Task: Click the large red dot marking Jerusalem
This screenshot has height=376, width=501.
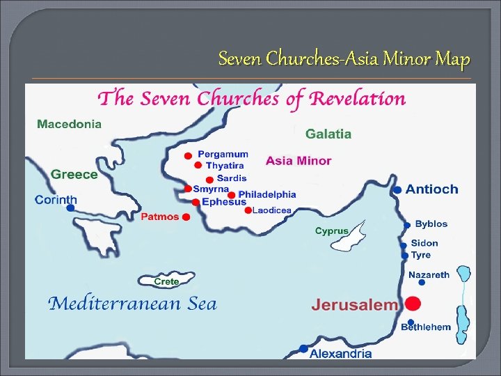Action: pos(413,304)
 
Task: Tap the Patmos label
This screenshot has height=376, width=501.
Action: pos(160,217)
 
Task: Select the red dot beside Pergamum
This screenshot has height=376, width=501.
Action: pos(187,155)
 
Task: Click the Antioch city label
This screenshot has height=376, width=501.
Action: pos(431,189)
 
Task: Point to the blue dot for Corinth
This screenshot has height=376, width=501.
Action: pos(70,207)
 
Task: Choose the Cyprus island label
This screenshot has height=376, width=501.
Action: pos(332,230)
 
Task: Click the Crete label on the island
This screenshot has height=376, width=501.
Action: pos(167,281)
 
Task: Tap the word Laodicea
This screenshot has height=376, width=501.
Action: pos(271,210)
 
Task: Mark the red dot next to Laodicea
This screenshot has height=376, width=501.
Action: pos(248,210)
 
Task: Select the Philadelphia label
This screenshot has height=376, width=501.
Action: pos(267,194)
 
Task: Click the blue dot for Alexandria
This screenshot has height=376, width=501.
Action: pos(303,348)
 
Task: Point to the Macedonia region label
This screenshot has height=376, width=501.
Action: pos(69,124)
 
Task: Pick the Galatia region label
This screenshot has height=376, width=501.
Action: pos(328,134)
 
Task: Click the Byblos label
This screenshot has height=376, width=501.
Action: pos(431,224)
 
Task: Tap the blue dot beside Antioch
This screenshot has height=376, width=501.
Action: pos(397,189)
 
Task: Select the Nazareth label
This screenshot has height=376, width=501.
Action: pos(429,275)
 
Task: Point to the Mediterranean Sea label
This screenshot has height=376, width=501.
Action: pos(132,304)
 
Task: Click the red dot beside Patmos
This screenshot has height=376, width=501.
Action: pos(186,217)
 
